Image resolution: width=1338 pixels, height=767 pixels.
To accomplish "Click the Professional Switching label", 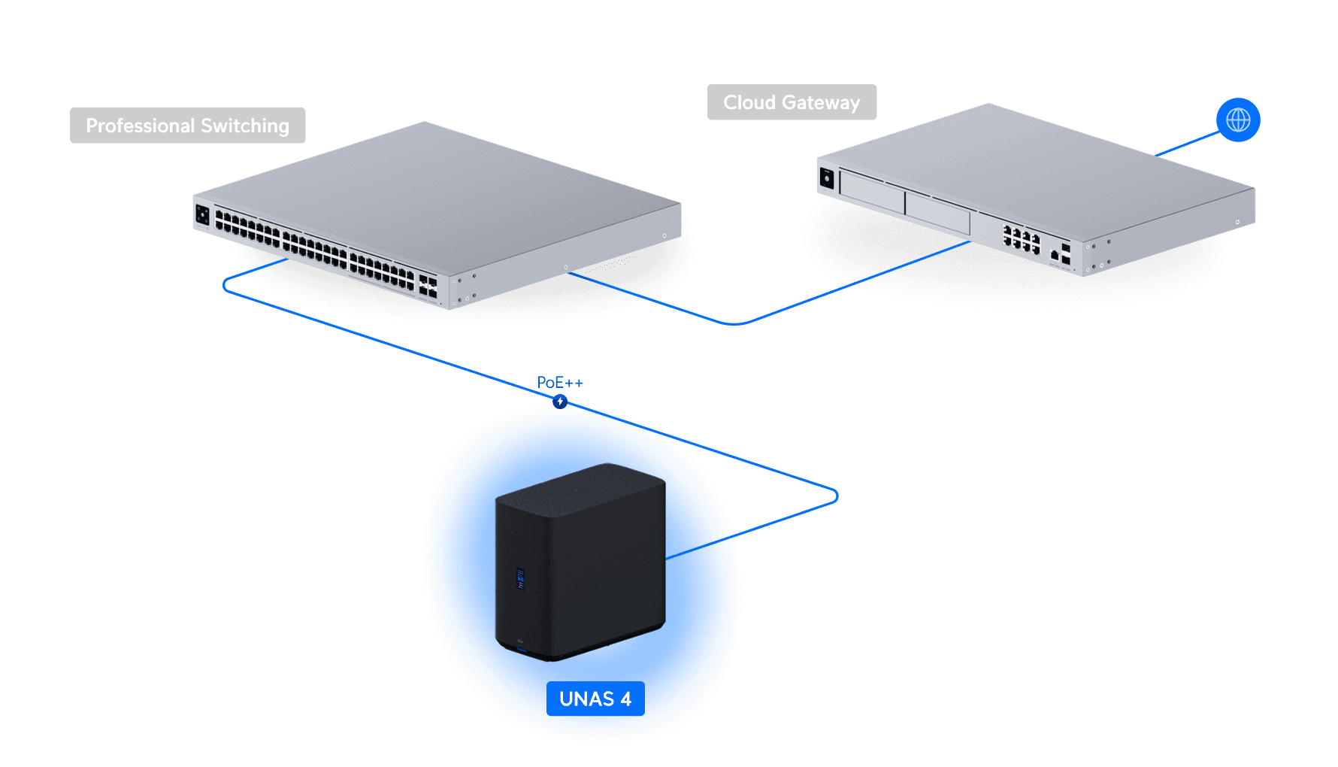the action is (187, 126).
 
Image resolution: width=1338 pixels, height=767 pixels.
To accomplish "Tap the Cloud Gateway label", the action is (792, 102).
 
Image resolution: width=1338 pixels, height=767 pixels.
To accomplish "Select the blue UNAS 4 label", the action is (595, 699).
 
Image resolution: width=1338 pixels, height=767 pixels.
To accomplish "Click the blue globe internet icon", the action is (1238, 120).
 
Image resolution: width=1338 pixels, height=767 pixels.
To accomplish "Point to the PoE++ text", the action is (560, 383).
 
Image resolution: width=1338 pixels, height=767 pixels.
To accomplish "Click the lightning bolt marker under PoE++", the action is (560, 402).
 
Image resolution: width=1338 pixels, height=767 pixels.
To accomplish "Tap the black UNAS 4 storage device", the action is (580, 562).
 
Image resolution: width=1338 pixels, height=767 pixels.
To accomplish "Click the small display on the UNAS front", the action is (520, 578).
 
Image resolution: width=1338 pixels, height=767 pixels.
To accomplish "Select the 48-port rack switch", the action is (437, 216).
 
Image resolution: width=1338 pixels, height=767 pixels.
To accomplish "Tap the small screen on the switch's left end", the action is (202, 214).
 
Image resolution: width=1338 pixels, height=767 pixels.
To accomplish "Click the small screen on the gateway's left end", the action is (827, 179).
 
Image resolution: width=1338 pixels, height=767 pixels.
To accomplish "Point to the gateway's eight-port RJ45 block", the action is (1022, 239).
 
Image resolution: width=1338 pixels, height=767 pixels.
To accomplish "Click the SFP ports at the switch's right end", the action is (428, 286).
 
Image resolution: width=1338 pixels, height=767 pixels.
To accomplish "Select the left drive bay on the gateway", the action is (872, 192).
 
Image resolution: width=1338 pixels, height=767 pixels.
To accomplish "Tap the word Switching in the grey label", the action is (245, 126).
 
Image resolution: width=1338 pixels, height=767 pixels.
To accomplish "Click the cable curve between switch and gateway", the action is (734, 324).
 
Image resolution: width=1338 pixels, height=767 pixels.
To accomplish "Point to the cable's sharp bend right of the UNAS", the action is (837, 496).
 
